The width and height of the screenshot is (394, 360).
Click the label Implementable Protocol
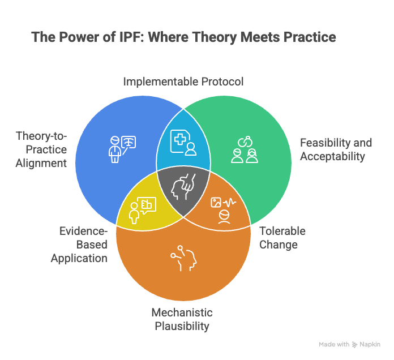183,82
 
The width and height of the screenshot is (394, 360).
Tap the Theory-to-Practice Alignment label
41,149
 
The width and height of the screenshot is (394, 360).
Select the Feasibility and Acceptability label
332,149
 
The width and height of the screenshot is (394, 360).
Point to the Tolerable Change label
282,238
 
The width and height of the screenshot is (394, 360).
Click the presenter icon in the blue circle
122,148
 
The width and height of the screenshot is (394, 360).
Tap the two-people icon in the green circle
244,149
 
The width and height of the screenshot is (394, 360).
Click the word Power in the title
78,37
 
